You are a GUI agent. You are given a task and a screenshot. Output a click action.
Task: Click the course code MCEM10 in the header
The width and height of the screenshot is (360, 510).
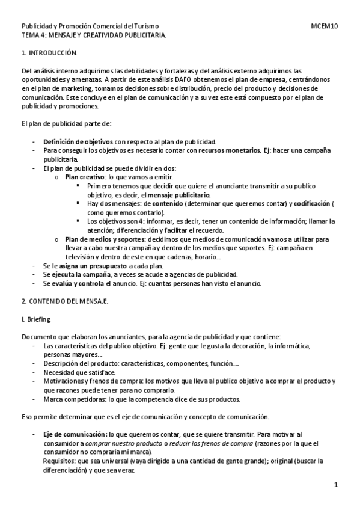[325, 26]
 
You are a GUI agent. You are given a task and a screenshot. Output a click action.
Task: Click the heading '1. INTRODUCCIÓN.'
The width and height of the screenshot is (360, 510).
[49, 54]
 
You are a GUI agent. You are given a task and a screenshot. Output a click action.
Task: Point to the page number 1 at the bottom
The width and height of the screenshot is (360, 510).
[337, 484]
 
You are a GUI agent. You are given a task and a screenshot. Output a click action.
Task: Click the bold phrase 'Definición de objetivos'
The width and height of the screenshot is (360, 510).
[78, 141]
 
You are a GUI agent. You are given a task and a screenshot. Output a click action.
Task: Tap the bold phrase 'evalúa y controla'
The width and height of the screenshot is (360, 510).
[78, 283]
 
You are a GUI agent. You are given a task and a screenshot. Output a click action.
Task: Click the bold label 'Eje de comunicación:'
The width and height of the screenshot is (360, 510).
[75, 434]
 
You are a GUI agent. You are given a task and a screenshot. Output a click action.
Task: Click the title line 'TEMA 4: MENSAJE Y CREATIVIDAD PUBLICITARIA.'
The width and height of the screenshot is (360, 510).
[94, 35]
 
